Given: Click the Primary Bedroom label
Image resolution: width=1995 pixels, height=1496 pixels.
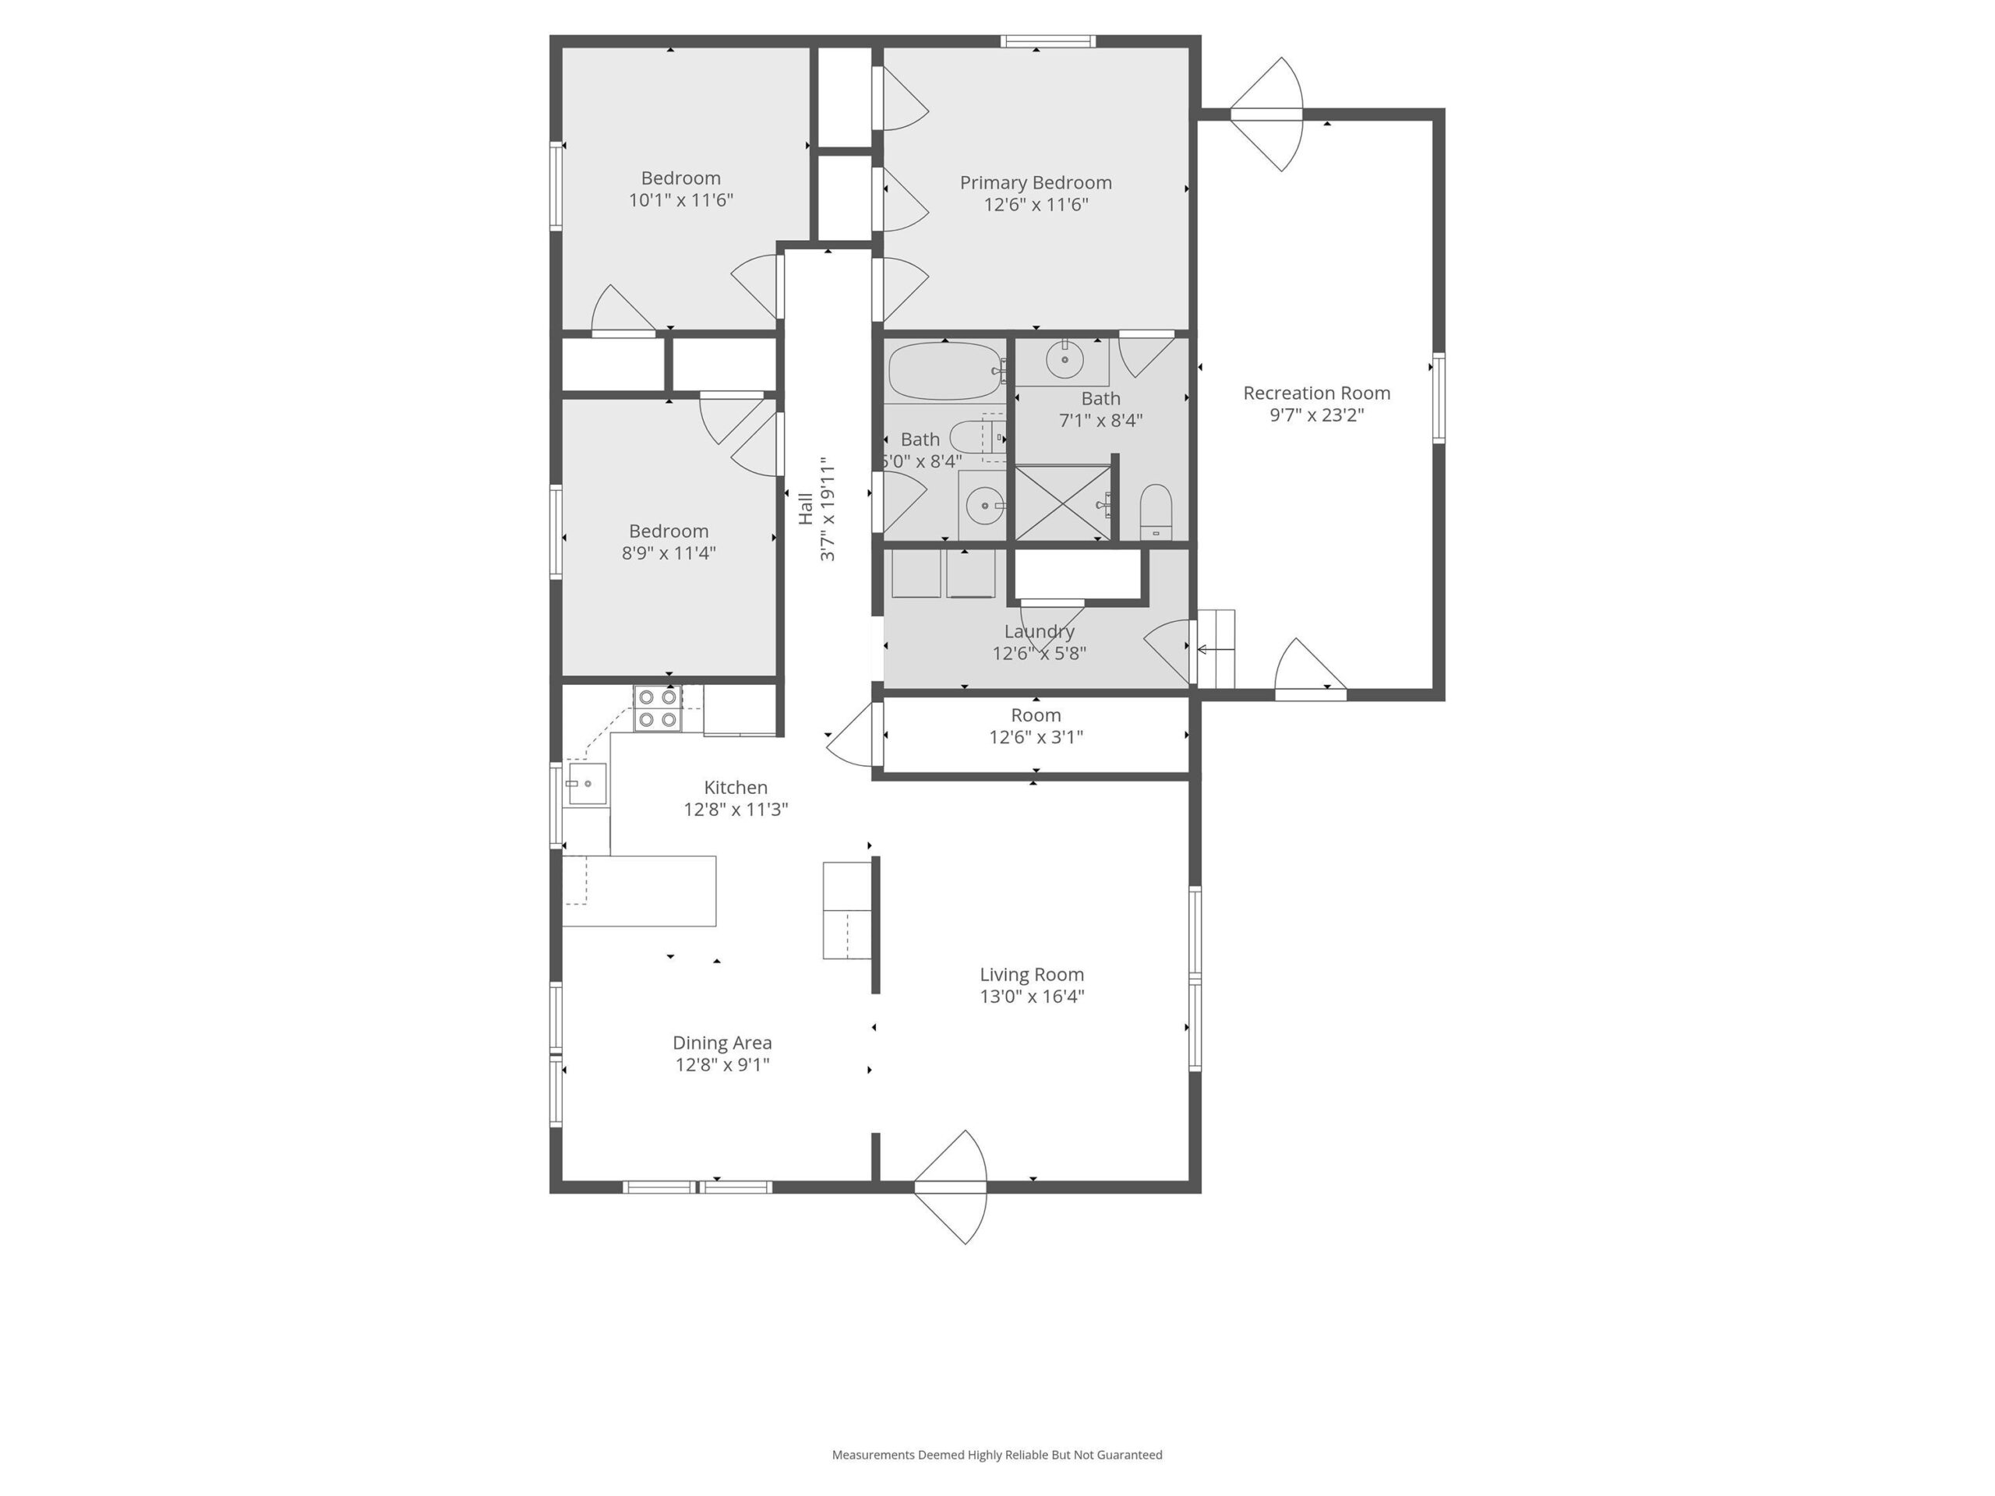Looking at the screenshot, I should click(x=1036, y=183).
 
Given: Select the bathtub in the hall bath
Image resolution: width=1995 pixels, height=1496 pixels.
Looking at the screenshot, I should click(x=945, y=372).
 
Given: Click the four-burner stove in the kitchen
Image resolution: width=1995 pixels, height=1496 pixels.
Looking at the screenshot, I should click(x=657, y=707).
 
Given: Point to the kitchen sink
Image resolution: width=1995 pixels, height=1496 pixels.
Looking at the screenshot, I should click(x=586, y=784).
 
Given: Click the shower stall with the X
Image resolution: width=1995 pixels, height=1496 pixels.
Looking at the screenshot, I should click(x=1062, y=503).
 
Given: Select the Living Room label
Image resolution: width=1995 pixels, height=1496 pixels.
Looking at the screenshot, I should click(x=1032, y=975).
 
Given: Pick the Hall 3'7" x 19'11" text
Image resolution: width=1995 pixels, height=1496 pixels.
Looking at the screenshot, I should click(x=816, y=510).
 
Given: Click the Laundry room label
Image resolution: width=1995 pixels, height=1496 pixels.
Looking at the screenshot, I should click(x=1039, y=631).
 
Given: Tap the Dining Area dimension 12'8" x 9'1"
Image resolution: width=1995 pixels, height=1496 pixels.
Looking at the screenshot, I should click(x=722, y=1065).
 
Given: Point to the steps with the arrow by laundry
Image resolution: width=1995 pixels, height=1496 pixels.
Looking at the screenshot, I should click(x=1216, y=649).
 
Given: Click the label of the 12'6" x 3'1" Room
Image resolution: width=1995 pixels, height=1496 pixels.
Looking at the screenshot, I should click(x=1036, y=715).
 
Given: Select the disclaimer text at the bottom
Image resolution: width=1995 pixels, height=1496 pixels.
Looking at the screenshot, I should click(x=997, y=1455).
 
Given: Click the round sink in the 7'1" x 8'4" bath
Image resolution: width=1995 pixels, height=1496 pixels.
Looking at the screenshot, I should click(x=1065, y=360).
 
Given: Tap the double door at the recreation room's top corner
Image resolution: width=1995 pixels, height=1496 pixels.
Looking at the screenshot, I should click(x=1267, y=115).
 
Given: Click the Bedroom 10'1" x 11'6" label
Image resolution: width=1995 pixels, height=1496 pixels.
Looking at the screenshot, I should click(x=681, y=178).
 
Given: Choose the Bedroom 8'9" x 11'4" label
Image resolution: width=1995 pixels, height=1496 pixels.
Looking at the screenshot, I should click(x=669, y=531).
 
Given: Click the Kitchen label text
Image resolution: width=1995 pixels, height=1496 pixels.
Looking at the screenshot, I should click(x=735, y=787).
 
